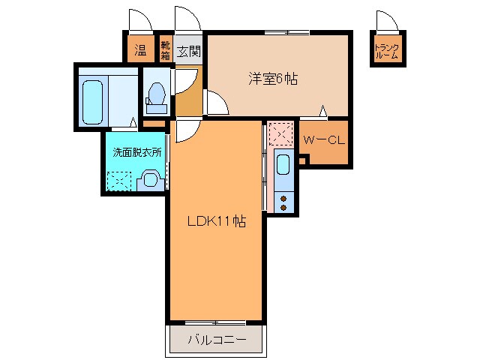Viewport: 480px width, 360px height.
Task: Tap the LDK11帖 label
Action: [216, 221]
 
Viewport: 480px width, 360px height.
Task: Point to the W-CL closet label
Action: [323, 140]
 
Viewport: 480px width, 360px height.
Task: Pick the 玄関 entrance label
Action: [189, 52]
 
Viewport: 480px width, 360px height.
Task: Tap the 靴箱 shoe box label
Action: [166, 51]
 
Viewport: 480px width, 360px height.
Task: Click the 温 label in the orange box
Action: [139, 51]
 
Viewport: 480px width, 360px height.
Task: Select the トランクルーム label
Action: [386, 52]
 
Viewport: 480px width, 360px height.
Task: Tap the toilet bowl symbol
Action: [157, 94]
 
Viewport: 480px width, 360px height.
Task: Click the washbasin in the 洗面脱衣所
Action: [150, 180]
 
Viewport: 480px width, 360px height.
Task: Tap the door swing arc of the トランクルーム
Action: [385, 21]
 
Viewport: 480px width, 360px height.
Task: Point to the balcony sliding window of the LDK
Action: [216, 322]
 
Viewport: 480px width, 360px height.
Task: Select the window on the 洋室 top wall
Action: [286, 32]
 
